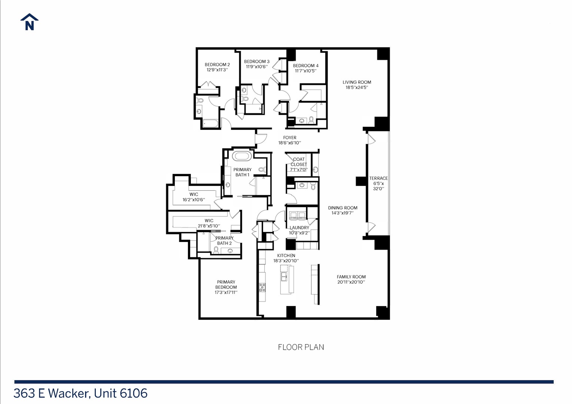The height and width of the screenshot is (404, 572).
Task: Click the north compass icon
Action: pos(29,22)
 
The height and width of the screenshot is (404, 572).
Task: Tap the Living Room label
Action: pos(357,82)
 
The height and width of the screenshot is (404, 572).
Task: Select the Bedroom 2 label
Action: pos(217,65)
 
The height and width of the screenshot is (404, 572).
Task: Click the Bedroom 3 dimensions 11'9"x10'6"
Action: pos(256,67)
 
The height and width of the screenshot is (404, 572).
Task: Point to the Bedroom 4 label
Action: pos(305,65)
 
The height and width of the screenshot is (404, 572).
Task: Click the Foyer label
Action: pos(289,138)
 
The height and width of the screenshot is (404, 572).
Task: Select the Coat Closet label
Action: pos(299,162)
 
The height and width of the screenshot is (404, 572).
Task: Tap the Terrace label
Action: pos(378,178)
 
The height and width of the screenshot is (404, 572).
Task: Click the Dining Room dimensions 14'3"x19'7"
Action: pos(343,213)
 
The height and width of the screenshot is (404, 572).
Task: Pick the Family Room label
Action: pos(351,277)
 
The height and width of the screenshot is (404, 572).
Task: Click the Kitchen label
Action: pos(286,255)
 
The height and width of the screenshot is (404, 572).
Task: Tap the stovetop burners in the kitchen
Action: pos(262,287)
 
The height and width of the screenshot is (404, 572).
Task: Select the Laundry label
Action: pos(299,227)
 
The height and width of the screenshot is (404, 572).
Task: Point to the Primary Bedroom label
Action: pos(226,285)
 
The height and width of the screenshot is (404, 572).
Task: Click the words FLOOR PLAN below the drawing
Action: pos(301,347)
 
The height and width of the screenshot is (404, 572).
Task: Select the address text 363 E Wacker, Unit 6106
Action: pos(80,393)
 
